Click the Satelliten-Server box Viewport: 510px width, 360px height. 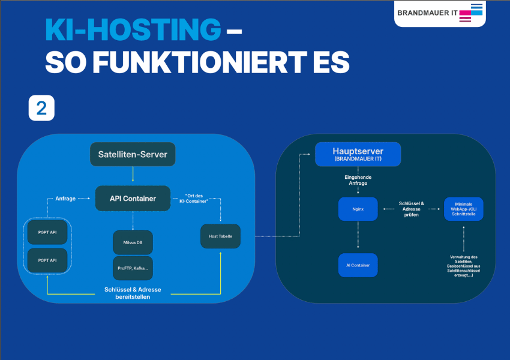pyautogui.click(x=133, y=155)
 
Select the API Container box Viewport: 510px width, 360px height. pyautogui.click(x=133, y=199)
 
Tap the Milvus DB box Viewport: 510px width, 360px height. pyautogui.click(x=133, y=242)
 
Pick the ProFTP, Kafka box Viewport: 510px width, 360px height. pyautogui.click(x=133, y=268)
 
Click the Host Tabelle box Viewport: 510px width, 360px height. pyautogui.click(x=220, y=236)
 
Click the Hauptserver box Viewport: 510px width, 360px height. pyautogui.click(x=358, y=154)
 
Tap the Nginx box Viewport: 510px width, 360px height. pyautogui.click(x=358, y=209)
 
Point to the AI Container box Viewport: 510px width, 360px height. pyautogui.click(x=358, y=265)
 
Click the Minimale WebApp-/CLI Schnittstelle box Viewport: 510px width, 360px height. pyautogui.click(x=463, y=208)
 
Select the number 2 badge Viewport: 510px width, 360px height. pyautogui.click(x=41, y=108)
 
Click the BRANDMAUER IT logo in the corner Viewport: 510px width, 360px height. pyautogui.click(x=440, y=13)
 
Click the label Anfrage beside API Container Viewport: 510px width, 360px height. pyautogui.click(x=65, y=199)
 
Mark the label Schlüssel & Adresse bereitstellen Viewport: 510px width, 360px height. pyautogui.click(x=133, y=293)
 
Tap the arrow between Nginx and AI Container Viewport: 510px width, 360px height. pyautogui.click(x=358, y=236)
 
